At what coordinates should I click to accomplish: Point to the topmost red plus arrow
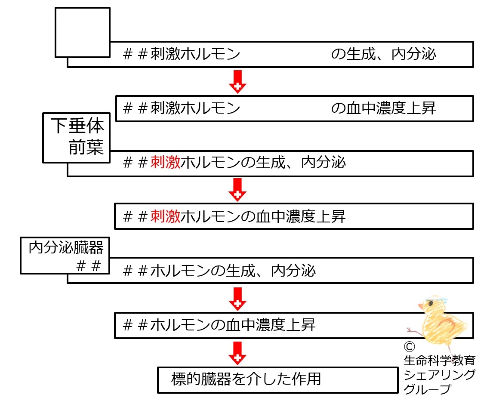tap(237, 82)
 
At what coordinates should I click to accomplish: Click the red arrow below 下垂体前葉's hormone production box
tap(237, 190)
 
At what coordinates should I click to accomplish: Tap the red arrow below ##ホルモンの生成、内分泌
tap(237, 299)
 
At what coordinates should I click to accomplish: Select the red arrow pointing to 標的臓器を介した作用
tap(237, 353)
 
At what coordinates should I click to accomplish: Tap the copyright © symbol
tap(410, 346)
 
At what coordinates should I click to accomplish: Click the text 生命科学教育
tap(439, 360)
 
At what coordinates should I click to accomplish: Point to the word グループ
tap(427, 389)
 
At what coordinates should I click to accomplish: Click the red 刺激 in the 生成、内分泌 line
tap(165, 163)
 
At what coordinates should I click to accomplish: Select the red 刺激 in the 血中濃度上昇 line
tap(165, 216)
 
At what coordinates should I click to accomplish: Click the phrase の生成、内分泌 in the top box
tap(383, 54)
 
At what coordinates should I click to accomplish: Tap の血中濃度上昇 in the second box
tap(383, 108)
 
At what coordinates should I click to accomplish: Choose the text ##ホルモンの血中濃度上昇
tap(219, 325)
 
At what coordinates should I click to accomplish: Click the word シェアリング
tap(439, 374)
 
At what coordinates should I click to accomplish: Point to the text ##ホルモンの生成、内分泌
tap(219, 271)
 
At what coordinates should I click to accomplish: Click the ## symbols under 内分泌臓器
tap(89, 266)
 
